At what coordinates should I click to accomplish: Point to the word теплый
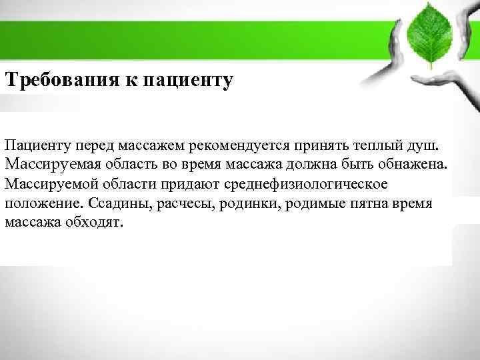(x=378, y=145)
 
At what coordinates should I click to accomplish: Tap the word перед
(x=98, y=145)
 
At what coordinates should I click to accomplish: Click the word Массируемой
(x=47, y=183)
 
